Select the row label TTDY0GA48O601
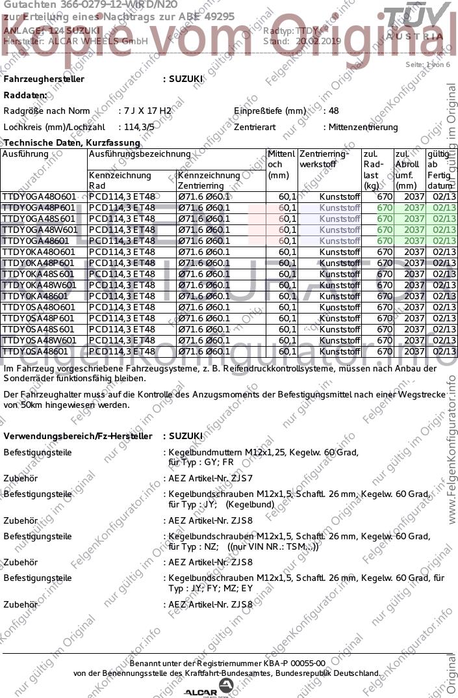(x=39, y=196)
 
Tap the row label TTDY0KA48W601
(x=40, y=285)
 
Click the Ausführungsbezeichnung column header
(x=139, y=154)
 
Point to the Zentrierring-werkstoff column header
(x=324, y=159)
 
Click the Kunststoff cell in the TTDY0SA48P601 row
(x=340, y=318)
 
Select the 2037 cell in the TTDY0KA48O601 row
(x=414, y=252)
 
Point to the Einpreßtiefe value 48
(x=334, y=111)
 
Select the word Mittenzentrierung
(x=363, y=127)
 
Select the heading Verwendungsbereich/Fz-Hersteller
(x=78, y=436)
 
